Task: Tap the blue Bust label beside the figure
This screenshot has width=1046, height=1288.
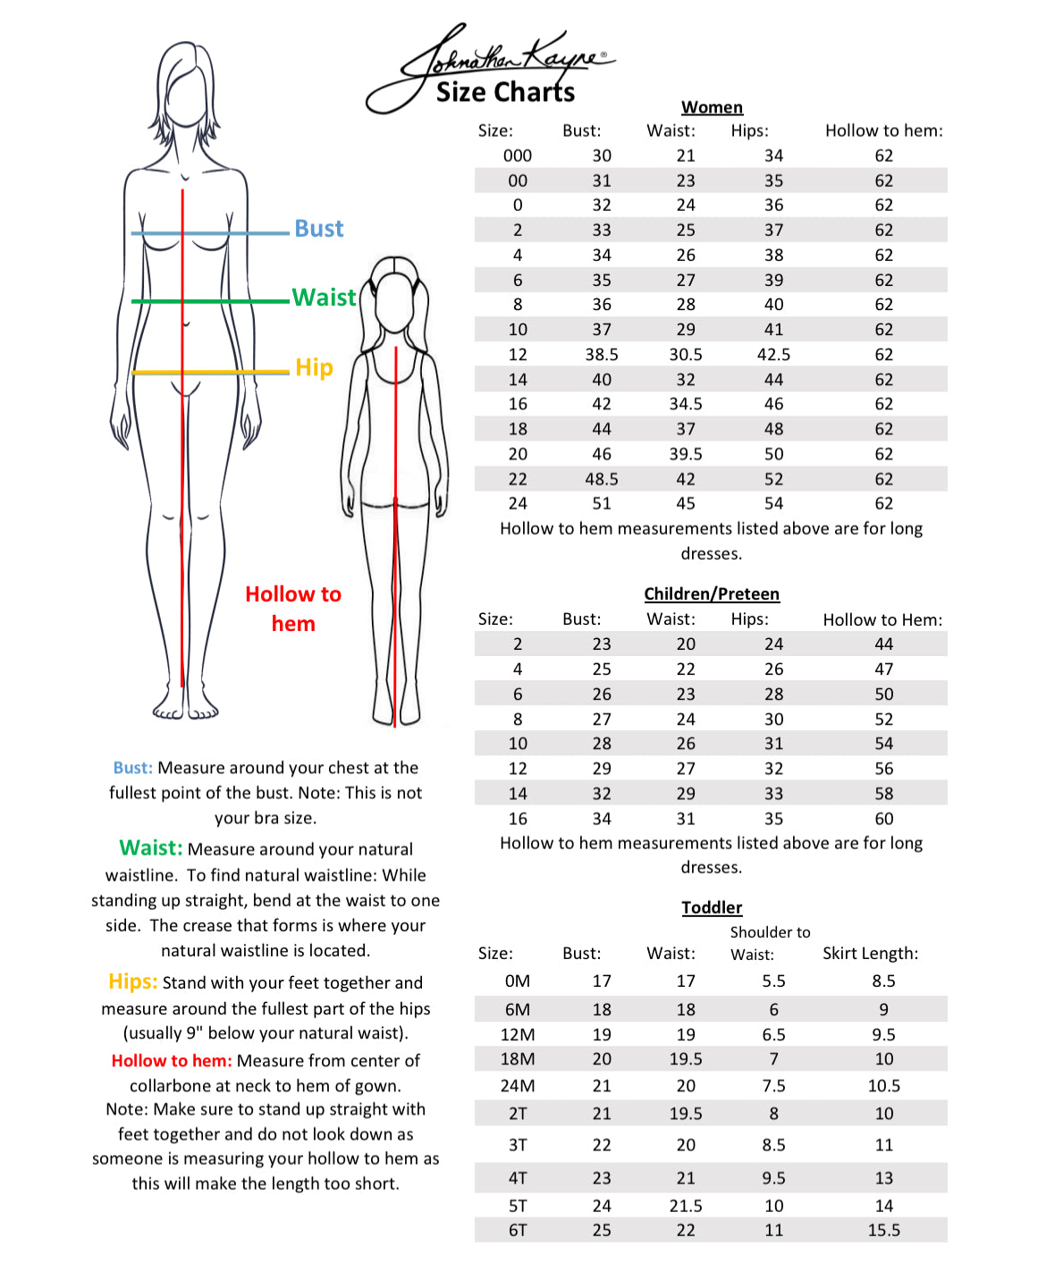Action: click(x=319, y=229)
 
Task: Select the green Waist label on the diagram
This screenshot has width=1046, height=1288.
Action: click(x=324, y=298)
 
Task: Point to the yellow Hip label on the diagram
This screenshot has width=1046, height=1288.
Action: click(x=314, y=367)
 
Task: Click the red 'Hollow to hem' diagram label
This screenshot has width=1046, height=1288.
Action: click(x=293, y=609)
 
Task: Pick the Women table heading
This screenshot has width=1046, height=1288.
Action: click(x=712, y=107)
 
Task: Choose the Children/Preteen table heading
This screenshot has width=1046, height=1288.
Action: click(x=712, y=594)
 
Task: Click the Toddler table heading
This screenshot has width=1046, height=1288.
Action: click(x=712, y=908)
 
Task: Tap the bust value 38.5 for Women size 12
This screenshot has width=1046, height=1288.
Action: click(x=602, y=355)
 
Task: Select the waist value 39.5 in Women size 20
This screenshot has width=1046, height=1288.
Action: click(x=686, y=454)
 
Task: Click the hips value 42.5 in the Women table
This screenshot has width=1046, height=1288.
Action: click(x=773, y=355)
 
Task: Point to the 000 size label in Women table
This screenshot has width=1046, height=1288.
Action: click(x=518, y=156)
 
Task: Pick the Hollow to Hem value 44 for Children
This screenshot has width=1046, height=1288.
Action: click(x=883, y=644)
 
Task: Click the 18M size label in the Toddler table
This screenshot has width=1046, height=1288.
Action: click(x=518, y=1059)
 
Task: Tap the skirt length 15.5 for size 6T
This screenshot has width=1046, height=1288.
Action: click(x=883, y=1230)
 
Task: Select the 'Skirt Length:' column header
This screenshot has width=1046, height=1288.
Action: click(x=870, y=954)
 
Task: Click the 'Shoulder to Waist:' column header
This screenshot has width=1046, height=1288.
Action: click(x=770, y=943)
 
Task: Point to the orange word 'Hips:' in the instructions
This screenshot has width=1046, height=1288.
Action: click(x=133, y=981)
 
